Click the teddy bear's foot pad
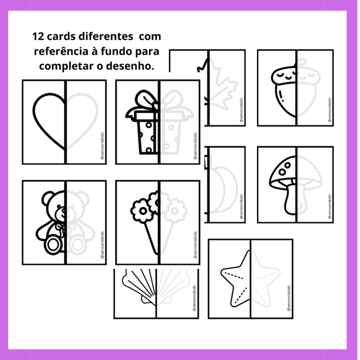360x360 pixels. [52, 244]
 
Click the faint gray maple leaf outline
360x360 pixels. [222, 89]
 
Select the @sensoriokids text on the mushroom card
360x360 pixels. [330, 206]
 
